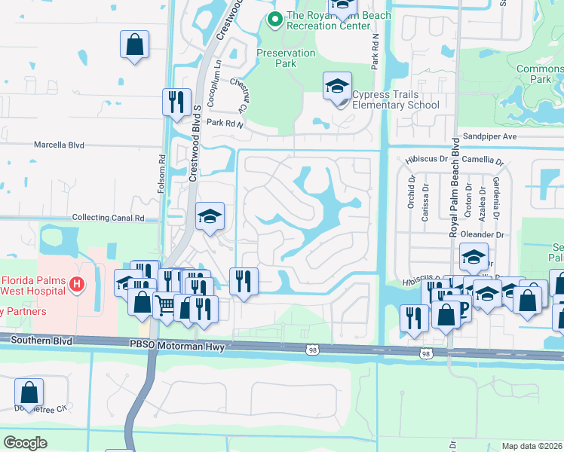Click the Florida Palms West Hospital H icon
pyautogui.click(x=75, y=284)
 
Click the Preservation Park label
pyautogui.click(x=286, y=58)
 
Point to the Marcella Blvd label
pyautogui.click(x=59, y=145)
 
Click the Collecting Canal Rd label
pyautogui.click(x=108, y=218)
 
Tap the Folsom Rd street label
pyautogui.click(x=161, y=174)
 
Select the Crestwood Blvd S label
pyautogui.click(x=193, y=143)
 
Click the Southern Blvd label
pyautogui.click(x=41, y=341)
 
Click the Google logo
pyautogui.click(x=25, y=443)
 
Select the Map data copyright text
pyautogui.click(x=532, y=446)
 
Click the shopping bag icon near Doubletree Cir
pyautogui.click(x=29, y=392)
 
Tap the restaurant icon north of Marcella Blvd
pyautogui.click(x=176, y=102)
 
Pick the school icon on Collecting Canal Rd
pyautogui.click(x=210, y=217)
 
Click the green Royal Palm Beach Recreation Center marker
pyautogui.click(x=274, y=20)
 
